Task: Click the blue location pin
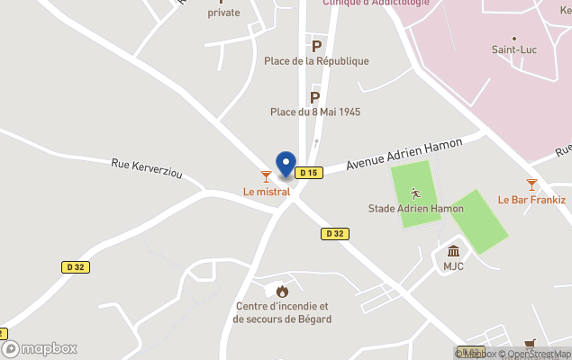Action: (286, 164)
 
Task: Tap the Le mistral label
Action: (267, 192)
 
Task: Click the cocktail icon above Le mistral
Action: (266, 175)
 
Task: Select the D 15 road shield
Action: (309, 173)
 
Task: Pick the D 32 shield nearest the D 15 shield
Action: (334, 233)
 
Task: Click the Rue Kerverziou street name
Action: (146, 168)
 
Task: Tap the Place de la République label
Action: (316, 61)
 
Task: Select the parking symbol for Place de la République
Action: (316, 45)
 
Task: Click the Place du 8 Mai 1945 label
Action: (315, 112)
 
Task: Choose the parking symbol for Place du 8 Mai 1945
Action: (315, 96)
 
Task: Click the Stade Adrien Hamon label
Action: (416, 209)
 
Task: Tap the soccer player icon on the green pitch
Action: (415, 193)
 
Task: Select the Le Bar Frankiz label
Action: (531, 200)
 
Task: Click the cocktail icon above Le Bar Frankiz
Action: (531, 184)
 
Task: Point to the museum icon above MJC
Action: (453, 250)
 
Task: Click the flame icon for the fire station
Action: (282, 291)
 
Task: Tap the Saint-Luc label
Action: (514, 50)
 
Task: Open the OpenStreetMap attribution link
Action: (538, 354)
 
